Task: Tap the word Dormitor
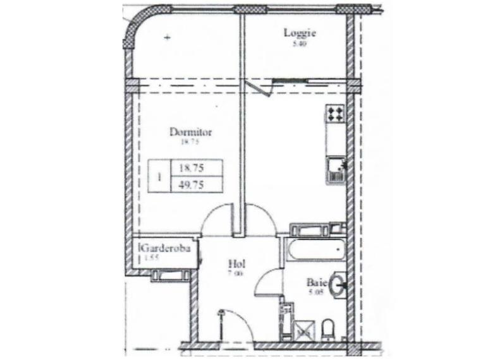pos(190,133)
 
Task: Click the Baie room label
pos(317,282)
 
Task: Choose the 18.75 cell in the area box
pos(192,169)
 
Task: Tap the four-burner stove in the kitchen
pos(335,114)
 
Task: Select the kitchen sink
pos(334,170)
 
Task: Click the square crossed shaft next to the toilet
pos(306,328)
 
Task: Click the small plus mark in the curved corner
pos(168,38)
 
